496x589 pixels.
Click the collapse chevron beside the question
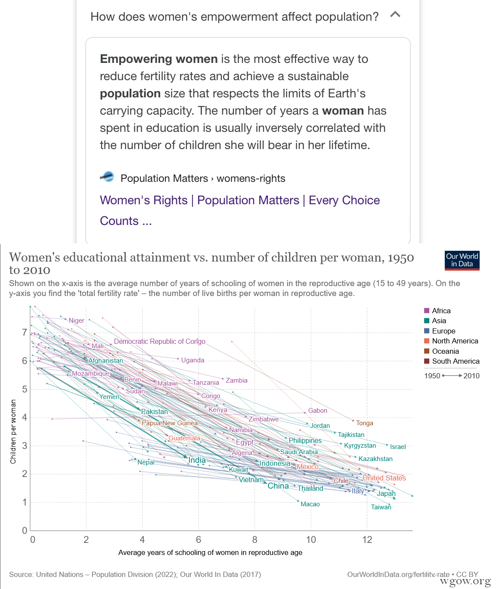click(395, 15)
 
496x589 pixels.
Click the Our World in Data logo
click(462, 260)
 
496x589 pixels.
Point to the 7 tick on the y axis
click(25, 333)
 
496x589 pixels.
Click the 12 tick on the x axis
click(367, 540)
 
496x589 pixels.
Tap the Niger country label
click(77, 321)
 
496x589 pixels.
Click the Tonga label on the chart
click(365, 423)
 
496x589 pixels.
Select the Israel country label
click(398, 447)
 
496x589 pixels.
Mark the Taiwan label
click(381, 507)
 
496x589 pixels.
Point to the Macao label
click(310, 504)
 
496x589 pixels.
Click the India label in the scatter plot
click(197, 460)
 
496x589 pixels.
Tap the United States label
click(384, 478)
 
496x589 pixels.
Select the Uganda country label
click(192, 360)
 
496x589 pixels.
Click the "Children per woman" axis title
click(13, 431)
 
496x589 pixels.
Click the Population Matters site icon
click(107, 177)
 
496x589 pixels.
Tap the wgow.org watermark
click(465, 582)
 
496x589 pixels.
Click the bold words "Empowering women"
click(159, 59)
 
